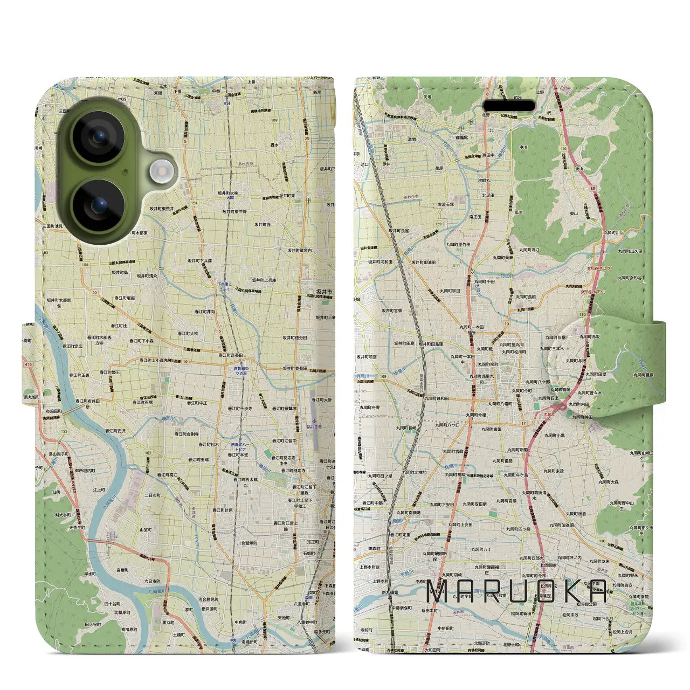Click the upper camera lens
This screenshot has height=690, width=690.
[99, 137]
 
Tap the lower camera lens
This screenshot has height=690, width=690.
[99, 205]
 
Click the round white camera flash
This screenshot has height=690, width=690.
[160, 172]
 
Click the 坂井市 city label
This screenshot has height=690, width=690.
[325, 292]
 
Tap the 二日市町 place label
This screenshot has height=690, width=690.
[153, 495]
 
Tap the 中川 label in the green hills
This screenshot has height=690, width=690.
[523, 147]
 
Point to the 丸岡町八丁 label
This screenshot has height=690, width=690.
[479, 548]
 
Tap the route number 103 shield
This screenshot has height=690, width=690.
[148, 453]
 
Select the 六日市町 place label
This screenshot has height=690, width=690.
[152, 581]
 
